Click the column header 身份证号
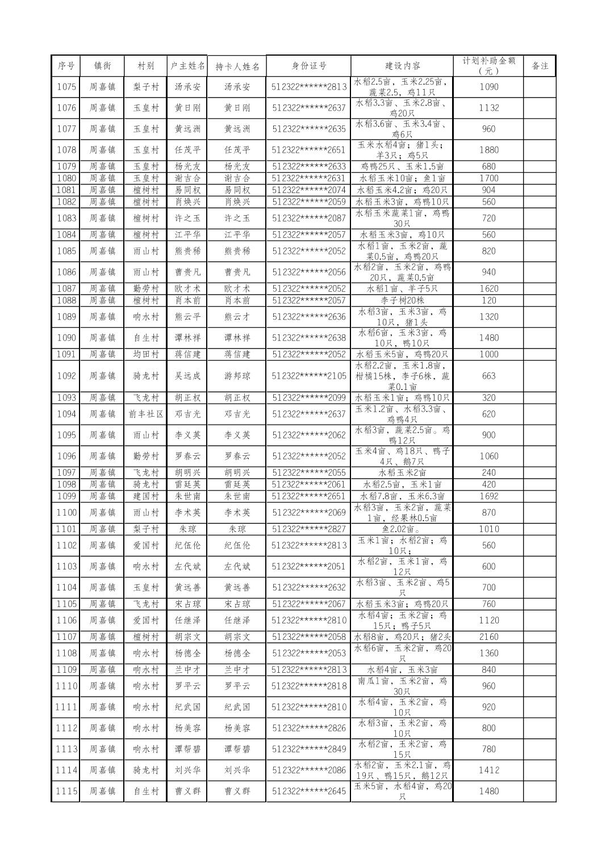click(308, 66)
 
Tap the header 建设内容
click(402, 66)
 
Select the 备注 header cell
click(540, 66)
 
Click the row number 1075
click(66, 87)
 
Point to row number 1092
click(66, 376)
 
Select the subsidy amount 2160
click(488, 637)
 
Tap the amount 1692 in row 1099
click(488, 496)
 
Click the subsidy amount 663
click(488, 376)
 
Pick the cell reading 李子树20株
click(402, 300)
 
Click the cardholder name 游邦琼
click(237, 376)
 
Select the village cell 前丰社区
click(146, 414)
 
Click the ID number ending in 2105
click(308, 376)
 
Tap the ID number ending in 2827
click(308, 529)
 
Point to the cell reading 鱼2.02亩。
click(402, 529)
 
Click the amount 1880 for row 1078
click(488, 150)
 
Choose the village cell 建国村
click(146, 496)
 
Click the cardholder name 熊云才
click(237, 317)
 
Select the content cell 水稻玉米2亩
click(402, 472)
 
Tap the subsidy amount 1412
click(488, 770)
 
